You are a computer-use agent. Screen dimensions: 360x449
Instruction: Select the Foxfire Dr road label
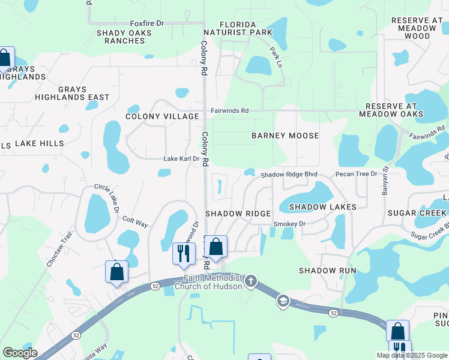[x=147, y=23]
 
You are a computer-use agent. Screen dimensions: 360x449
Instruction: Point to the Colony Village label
[x=162, y=116]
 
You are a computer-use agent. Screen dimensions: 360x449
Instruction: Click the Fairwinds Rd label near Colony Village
[x=229, y=111]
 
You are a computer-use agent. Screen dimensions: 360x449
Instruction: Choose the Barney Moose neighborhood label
[x=285, y=136]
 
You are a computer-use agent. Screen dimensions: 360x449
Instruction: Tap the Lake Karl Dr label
[x=181, y=159]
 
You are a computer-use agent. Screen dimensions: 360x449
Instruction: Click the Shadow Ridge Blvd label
[x=288, y=175]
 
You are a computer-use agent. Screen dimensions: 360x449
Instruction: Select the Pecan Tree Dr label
[x=356, y=174]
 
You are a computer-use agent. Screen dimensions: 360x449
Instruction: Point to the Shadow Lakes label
[x=322, y=207]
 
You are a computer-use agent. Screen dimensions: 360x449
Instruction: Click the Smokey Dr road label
[x=289, y=224]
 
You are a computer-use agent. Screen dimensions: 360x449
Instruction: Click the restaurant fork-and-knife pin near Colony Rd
[x=183, y=253]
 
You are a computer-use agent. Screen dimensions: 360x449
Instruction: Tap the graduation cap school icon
[x=283, y=300]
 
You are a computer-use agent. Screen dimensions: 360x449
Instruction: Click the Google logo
[x=20, y=353]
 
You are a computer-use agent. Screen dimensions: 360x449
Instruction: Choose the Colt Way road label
[x=135, y=221]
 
